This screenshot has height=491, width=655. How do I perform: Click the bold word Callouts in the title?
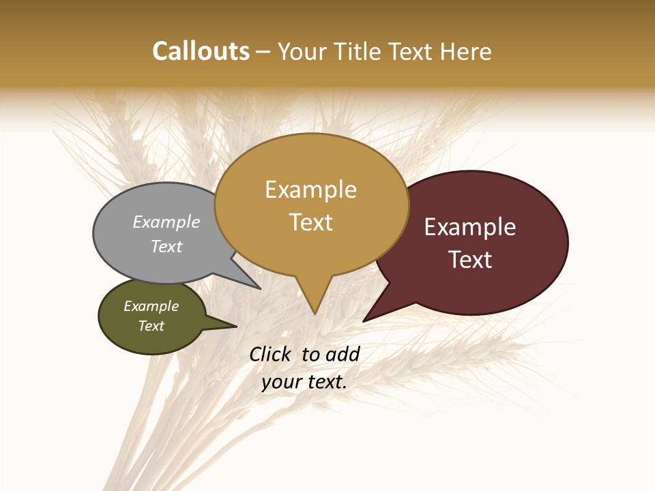coord(201,51)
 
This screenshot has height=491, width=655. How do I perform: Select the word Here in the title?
coord(466,51)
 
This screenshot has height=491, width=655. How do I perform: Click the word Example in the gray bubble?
coord(166,222)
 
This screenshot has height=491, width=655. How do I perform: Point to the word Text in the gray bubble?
coord(166,246)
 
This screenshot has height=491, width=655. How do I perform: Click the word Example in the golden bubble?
coord(310,190)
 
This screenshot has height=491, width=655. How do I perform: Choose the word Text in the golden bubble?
coord(311,222)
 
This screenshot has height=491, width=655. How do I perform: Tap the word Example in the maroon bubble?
coord(470,227)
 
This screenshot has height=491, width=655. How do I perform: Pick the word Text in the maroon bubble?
coord(471,260)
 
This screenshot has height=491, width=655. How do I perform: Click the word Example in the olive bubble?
coord(151,306)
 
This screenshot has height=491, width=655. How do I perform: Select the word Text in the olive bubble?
coord(151,326)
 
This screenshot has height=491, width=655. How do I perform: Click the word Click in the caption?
coord(272,354)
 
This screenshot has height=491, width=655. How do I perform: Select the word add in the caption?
coord(343,354)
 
